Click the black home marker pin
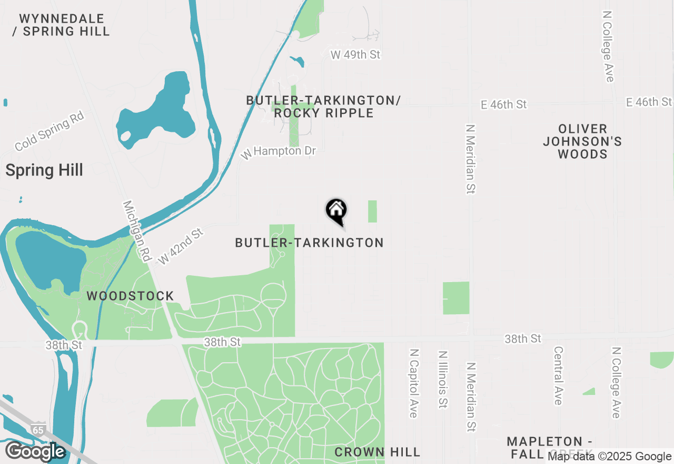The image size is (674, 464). coord(336,211)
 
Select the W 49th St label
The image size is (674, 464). coord(355,54)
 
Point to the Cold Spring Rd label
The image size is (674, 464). coord(49,131)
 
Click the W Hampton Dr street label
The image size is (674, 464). coord(279,152)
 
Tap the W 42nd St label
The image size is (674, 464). coord(181,246)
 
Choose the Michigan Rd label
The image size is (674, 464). coord(136,231)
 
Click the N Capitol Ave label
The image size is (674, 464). coord(413,382)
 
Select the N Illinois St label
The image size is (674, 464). coord(442,379)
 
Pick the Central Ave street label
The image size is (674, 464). coord(558,375)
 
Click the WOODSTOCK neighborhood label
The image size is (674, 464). coord(130,296)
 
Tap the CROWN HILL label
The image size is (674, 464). coord(377,452)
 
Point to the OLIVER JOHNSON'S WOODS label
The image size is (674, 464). coord(582,141)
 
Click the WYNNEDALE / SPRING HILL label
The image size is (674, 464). coord(61,25)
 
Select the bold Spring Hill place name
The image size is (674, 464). coord(44,170)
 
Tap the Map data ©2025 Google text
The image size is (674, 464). coord(609,457)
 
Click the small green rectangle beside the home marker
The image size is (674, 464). coord(372,211)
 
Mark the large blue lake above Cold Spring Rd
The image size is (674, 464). coord(158,113)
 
